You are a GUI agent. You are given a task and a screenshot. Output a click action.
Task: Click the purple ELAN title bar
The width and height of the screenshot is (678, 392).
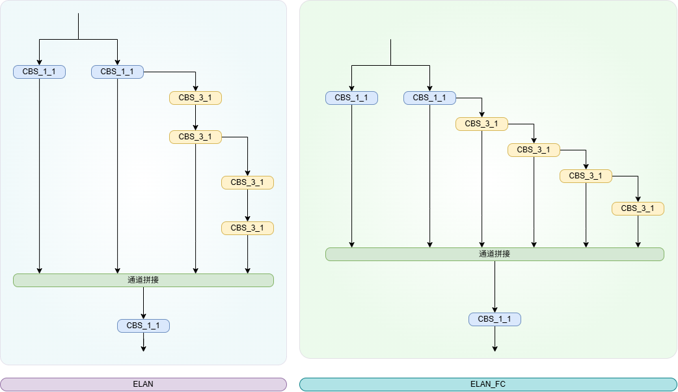tap(143, 384)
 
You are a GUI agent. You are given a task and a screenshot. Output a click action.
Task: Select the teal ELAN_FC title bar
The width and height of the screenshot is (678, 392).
tap(488, 384)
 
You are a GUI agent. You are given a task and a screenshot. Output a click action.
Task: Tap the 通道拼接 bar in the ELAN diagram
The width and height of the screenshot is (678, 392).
tap(143, 280)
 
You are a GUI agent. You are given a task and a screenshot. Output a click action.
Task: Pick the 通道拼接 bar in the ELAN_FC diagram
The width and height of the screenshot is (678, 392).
tap(495, 254)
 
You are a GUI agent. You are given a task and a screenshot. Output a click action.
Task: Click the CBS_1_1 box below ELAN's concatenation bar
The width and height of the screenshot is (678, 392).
tap(143, 326)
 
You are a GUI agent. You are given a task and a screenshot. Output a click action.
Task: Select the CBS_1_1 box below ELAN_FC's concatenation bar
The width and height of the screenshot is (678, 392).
tap(495, 319)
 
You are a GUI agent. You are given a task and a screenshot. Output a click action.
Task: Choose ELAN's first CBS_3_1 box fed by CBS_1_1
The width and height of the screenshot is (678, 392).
tap(195, 98)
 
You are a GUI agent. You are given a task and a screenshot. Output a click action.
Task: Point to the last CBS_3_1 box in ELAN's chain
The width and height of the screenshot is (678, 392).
tap(247, 228)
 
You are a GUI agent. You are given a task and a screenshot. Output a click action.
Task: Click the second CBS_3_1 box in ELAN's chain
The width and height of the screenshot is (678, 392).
tap(195, 137)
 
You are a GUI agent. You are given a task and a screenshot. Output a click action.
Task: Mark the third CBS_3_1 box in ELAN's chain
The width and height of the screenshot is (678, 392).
tap(247, 182)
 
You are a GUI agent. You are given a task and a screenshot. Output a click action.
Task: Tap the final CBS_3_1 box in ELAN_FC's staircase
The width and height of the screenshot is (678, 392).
tap(638, 208)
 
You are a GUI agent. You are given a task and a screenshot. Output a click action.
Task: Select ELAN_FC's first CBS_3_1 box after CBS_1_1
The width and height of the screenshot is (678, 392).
tap(481, 124)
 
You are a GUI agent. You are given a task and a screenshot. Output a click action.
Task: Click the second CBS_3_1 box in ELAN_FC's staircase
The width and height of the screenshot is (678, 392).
tap(534, 150)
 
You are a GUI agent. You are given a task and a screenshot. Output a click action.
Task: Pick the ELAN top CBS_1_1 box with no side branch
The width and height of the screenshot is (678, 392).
tap(39, 72)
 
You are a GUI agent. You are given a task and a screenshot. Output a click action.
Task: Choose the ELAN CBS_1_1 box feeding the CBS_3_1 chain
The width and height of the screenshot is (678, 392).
tap(117, 72)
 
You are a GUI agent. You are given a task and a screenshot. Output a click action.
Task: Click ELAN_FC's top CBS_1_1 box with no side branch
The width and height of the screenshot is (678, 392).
tap(351, 98)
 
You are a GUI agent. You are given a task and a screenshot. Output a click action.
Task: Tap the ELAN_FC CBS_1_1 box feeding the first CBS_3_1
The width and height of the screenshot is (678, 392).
tap(430, 98)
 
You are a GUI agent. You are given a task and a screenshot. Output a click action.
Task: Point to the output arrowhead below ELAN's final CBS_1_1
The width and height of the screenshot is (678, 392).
tap(144, 349)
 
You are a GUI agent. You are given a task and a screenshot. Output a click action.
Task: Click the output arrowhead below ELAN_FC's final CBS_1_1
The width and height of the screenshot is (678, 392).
tap(495, 349)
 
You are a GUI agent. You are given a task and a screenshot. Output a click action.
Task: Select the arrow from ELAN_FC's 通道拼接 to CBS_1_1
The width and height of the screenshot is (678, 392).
tap(495, 287)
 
